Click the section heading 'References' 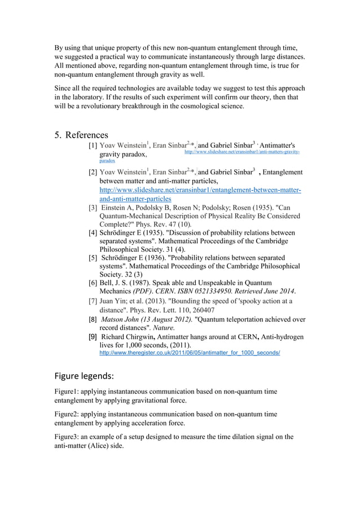pos(86,135)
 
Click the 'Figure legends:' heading pos(84,375)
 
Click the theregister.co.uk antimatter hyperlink pos(190,353)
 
